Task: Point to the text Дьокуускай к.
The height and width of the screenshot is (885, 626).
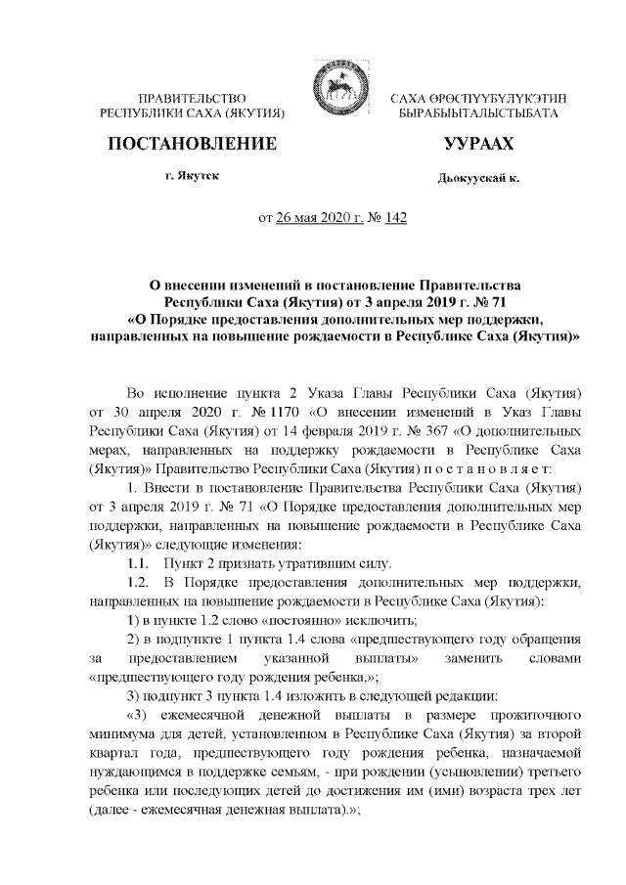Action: click(x=478, y=179)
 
